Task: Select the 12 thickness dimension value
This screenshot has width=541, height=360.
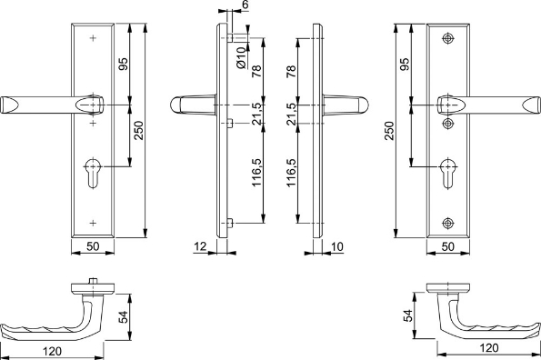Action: pyautogui.click(x=198, y=246)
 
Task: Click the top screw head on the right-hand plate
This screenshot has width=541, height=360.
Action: pyautogui.click(x=446, y=39)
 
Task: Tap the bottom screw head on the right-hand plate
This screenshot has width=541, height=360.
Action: pyautogui.click(x=446, y=223)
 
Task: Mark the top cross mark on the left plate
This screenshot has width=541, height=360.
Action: pyautogui.click(x=94, y=39)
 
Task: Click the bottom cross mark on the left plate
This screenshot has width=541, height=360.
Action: pyautogui.click(x=94, y=223)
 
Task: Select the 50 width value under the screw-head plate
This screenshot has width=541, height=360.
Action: pyautogui.click(x=446, y=246)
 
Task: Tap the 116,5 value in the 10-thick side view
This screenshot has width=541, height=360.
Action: pyautogui.click(x=291, y=171)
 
